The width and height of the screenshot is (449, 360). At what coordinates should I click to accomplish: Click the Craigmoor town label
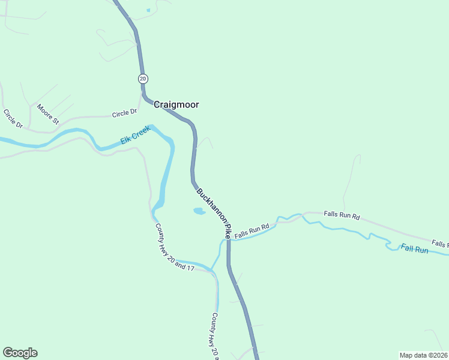point(176,104)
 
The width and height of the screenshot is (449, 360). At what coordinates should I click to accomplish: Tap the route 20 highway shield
point(142,79)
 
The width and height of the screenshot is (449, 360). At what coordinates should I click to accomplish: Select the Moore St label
point(48,114)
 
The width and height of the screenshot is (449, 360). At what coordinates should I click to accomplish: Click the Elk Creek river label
point(134,138)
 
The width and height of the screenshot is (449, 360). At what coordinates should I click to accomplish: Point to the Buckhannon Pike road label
point(214,212)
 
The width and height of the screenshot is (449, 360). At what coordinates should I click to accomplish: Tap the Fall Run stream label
point(414,249)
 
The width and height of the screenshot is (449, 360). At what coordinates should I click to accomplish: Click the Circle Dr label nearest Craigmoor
point(125,113)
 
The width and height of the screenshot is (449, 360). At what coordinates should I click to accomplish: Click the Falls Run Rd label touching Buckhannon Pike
point(251,231)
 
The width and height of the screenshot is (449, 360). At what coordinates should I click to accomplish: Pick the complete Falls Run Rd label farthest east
point(341,215)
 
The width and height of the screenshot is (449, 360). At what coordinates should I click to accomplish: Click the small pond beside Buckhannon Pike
point(198,211)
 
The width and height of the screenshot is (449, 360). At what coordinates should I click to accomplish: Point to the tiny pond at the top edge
point(148,10)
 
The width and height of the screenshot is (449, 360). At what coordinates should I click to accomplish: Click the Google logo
point(20,353)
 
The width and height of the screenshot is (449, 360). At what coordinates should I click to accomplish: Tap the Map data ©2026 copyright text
point(423,355)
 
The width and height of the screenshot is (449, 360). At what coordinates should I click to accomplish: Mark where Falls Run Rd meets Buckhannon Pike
point(228,239)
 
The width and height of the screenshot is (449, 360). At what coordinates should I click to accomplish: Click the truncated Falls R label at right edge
point(439,244)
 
